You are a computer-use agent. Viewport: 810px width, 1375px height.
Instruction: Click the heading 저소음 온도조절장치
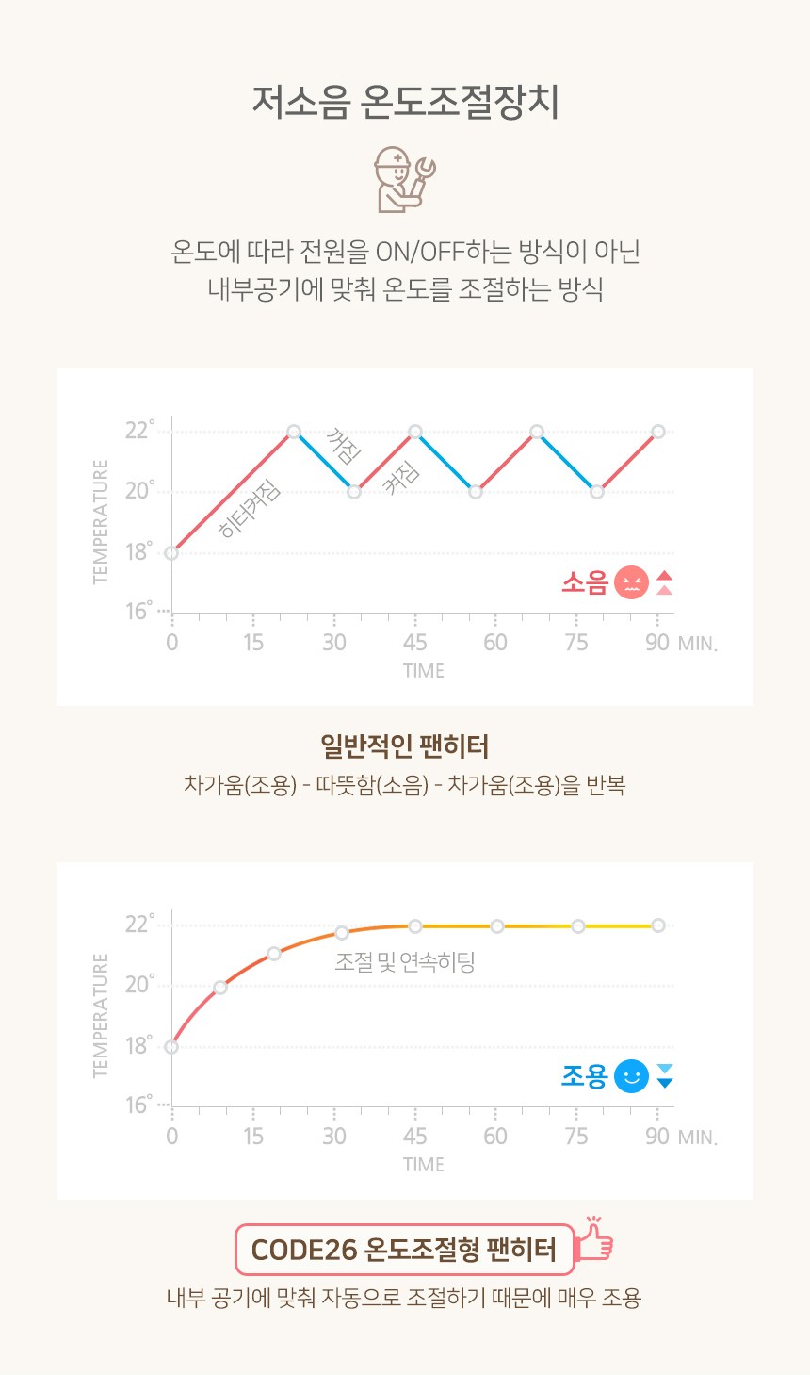(405, 102)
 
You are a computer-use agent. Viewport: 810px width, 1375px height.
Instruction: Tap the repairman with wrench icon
(403, 178)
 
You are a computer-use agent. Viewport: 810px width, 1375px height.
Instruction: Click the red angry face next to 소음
(631, 582)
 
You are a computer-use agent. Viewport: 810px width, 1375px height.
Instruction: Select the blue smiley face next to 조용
(631, 1076)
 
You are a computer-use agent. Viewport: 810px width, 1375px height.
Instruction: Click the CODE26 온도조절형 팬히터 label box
(404, 1250)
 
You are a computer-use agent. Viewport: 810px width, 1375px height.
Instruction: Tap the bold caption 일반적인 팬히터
(404, 746)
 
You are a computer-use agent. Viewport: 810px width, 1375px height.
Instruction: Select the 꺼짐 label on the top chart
(342, 447)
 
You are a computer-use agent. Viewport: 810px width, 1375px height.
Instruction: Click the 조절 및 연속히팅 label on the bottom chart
(404, 962)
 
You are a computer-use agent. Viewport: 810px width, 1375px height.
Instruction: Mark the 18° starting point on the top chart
(171, 553)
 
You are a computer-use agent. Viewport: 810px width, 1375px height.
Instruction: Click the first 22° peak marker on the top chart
(294, 432)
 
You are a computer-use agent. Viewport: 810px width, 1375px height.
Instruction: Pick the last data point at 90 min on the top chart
(657, 432)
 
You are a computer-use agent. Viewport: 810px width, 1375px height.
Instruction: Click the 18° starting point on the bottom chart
(171, 1047)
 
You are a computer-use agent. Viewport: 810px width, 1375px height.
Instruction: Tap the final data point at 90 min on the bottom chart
(657, 925)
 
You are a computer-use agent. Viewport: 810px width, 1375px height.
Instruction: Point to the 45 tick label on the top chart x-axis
(414, 643)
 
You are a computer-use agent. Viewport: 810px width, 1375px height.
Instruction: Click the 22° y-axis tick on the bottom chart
(138, 924)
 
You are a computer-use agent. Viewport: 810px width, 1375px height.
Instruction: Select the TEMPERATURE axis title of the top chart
(101, 521)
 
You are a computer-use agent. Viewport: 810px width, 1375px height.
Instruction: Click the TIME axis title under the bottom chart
(423, 1165)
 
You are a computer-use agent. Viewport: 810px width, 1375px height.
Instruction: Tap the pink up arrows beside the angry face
(664, 582)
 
